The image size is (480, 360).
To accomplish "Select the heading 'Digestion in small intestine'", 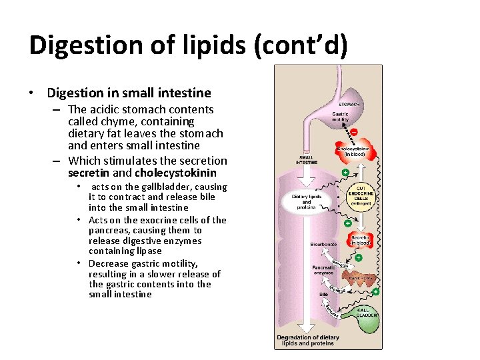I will tap(129, 93).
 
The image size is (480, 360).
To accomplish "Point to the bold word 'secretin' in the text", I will tap(89, 173).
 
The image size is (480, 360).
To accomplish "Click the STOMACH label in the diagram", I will tap(349, 105).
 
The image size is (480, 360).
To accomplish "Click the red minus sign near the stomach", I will tap(353, 132).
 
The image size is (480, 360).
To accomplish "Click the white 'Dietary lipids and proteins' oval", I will tap(306, 202).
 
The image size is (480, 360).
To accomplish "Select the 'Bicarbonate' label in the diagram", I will tap(323, 245).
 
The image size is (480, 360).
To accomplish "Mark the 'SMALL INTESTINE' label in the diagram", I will tap(307, 159).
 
